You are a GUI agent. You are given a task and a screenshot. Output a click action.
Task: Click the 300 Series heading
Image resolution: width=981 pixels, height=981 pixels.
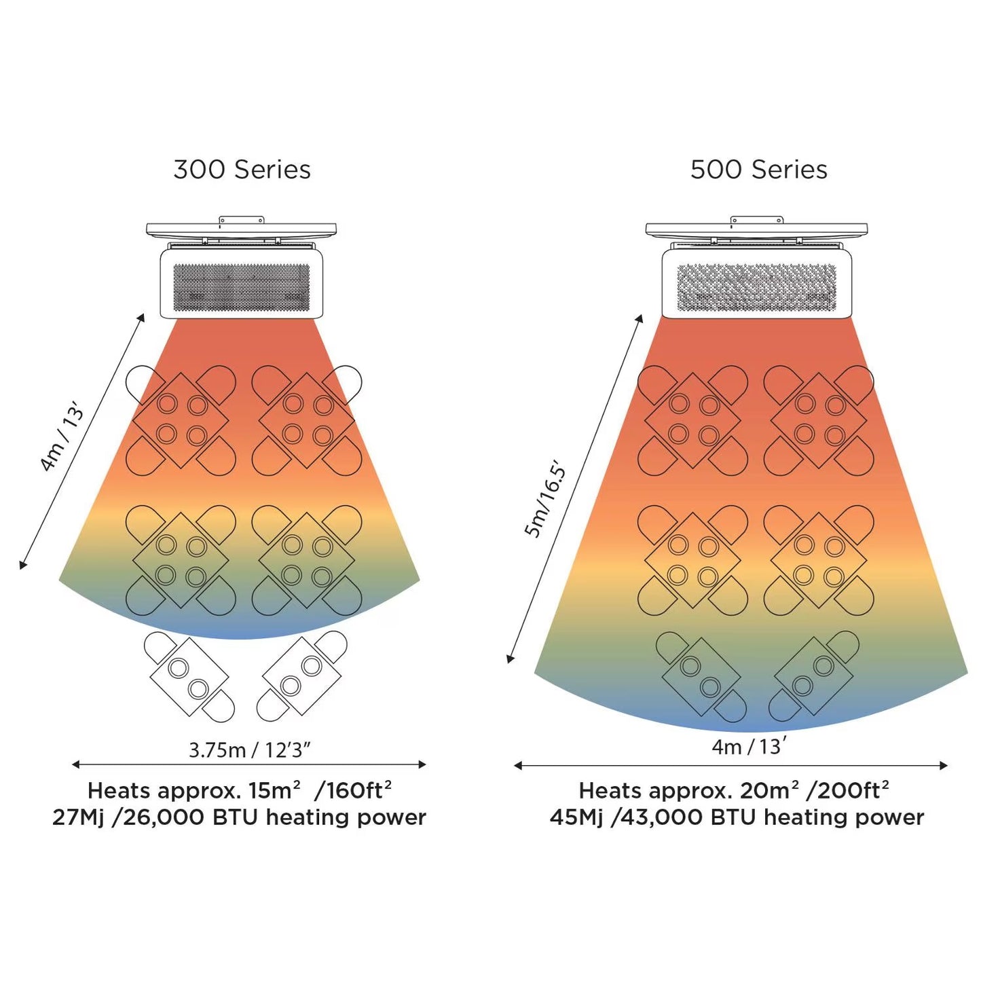click(242, 170)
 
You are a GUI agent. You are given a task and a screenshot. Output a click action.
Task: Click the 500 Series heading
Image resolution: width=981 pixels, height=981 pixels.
click(758, 170)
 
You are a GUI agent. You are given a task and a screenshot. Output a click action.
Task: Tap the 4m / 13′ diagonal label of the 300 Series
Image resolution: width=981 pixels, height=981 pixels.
click(62, 437)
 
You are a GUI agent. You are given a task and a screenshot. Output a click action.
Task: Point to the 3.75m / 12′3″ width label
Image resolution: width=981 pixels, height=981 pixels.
click(249, 749)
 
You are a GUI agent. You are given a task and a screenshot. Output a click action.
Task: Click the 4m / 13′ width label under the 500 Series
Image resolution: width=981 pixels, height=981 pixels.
click(749, 747)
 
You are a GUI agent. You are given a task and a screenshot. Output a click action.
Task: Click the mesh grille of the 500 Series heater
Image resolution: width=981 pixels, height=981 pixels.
click(756, 287)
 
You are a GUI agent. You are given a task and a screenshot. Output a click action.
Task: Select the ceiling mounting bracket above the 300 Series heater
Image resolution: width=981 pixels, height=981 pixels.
click(241, 229)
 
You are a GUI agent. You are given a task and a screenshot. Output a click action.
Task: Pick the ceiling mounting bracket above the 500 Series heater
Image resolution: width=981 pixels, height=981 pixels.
click(756, 229)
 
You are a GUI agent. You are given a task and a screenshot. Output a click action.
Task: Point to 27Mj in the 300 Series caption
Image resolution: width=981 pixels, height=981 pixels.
click(78, 817)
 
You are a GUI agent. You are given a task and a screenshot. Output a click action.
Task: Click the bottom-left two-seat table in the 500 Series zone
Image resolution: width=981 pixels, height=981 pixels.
click(701, 676)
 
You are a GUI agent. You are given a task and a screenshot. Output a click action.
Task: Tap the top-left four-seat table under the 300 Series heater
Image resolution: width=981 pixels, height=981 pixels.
click(181, 420)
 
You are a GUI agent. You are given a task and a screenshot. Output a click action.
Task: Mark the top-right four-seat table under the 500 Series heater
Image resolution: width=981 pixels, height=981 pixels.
click(819, 420)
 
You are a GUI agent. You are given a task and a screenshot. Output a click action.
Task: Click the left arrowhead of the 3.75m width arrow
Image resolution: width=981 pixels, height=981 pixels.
click(75, 764)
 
